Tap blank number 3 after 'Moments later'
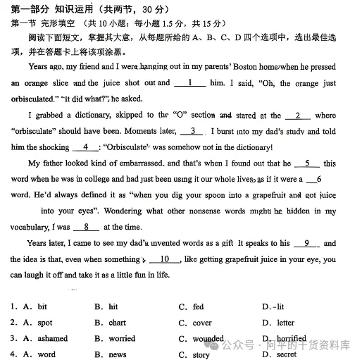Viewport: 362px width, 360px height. (x=192, y=131)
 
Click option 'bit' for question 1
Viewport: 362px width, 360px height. (x=42, y=307)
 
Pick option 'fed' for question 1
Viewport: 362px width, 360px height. (x=198, y=307)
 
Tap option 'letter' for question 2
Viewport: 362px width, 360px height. (x=285, y=323)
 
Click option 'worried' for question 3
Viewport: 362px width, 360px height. (x=122, y=339)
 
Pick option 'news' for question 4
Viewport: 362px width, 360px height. (x=118, y=354)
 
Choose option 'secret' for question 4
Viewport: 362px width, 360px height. (x=287, y=354)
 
